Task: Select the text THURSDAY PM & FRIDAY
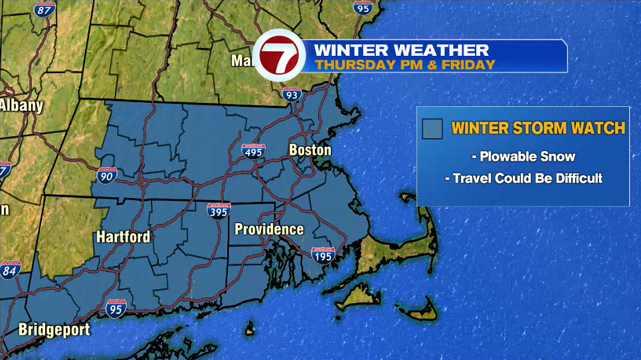(x=405, y=64)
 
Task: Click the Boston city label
(x=310, y=150)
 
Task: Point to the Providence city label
(x=269, y=230)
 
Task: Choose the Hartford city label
(x=123, y=236)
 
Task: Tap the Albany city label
(x=21, y=105)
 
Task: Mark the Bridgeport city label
(x=54, y=329)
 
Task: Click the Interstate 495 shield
(x=253, y=151)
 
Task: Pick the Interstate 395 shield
(x=219, y=211)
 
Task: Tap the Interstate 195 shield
(x=322, y=254)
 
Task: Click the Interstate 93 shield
(x=290, y=95)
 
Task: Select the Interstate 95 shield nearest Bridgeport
(x=115, y=308)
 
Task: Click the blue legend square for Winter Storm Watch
(x=432, y=128)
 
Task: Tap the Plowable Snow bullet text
(x=523, y=157)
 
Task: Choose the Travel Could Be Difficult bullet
(x=523, y=178)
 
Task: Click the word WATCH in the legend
(x=600, y=128)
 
